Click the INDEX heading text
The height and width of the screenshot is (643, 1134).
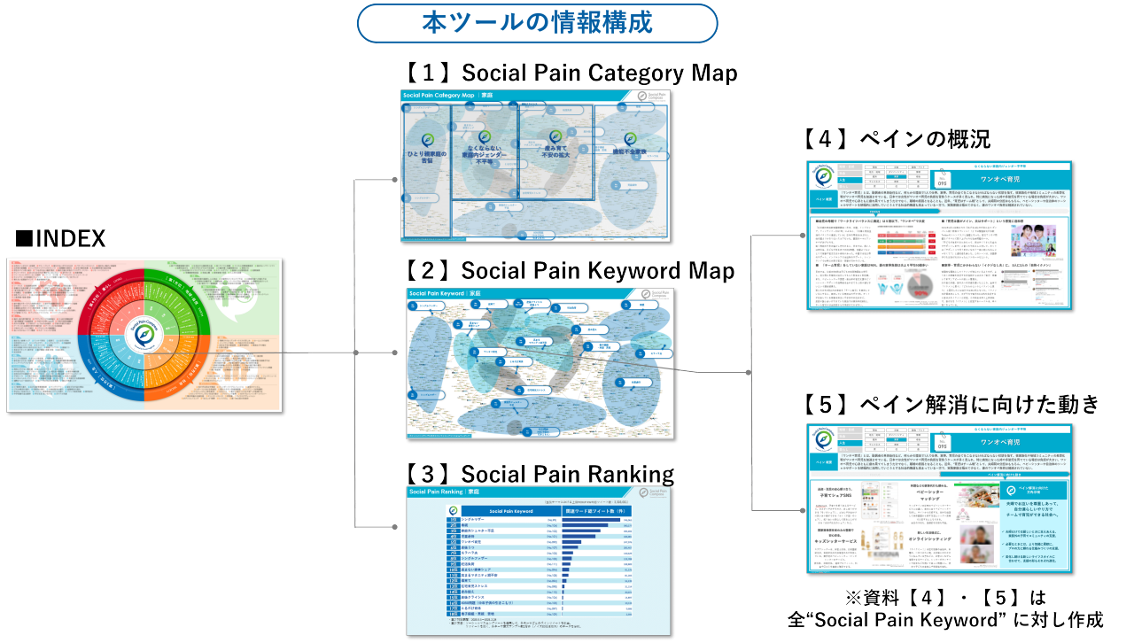coord(60,238)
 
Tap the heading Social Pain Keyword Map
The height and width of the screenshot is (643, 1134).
coord(569,270)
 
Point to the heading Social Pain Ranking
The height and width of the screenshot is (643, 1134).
coord(540,473)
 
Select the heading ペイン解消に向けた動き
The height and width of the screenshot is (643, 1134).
coord(951,404)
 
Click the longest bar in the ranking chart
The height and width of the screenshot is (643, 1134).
coord(591,521)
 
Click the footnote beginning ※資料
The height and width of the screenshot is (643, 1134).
coord(949,608)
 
